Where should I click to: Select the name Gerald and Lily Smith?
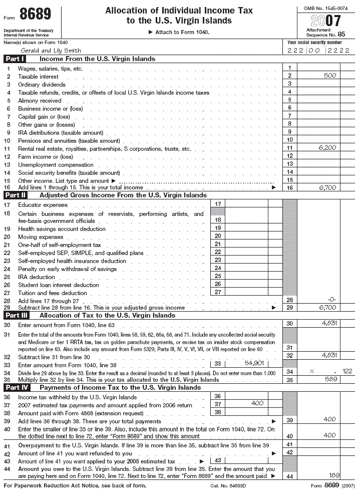[x=51, y=51]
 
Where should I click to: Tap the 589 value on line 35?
[x=330, y=379]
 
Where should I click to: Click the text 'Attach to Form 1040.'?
[x=179, y=32]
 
